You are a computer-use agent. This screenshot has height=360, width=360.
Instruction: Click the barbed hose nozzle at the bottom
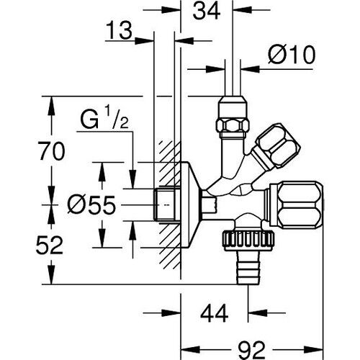pos(248,270)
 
